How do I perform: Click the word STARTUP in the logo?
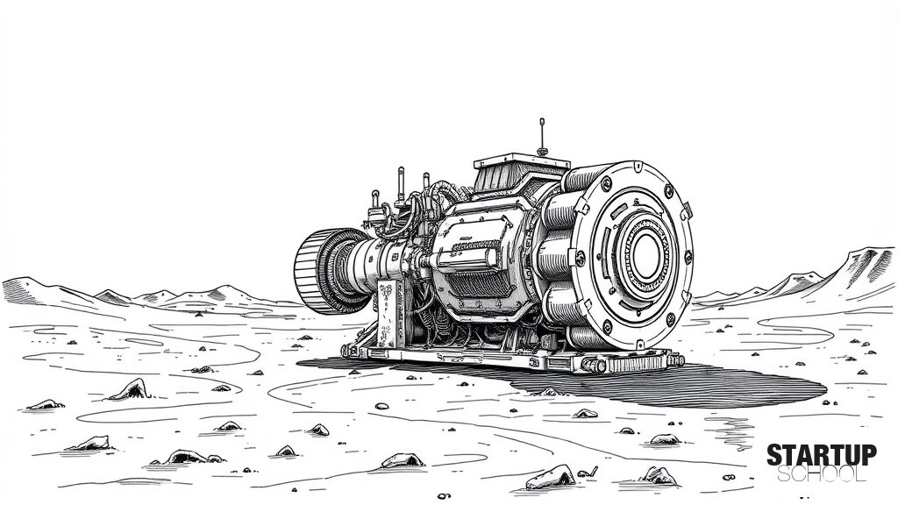[821, 455]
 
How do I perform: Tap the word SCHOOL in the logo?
[821, 474]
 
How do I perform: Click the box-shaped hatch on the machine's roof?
[520, 170]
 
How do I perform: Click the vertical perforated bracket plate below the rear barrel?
[386, 314]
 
